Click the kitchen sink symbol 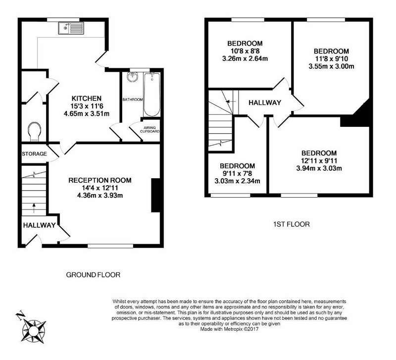click(x=71, y=28)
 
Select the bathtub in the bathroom click(x=152, y=94)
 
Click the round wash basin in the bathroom click(x=132, y=77)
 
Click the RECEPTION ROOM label click(x=100, y=180)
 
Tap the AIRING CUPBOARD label click(x=150, y=130)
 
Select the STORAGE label click(x=34, y=154)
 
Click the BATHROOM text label click(x=133, y=100)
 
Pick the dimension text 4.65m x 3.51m click(x=87, y=114)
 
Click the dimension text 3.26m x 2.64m click(x=245, y=58)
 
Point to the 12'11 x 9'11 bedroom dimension click(x=319, y=160)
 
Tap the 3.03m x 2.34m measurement click(x=238, y=181)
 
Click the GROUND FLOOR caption click(x=93, y=275)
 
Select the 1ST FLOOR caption click(x=292, y=224)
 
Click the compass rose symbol click(x=34, y=331)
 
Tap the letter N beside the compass click(x=20, y=315)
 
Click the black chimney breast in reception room click(x=155, y=195)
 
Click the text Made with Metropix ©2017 click(x=229, y=329)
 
